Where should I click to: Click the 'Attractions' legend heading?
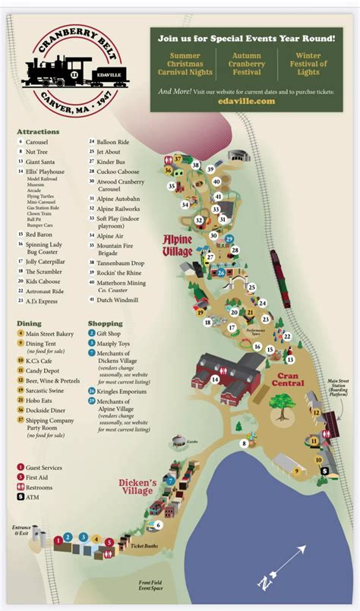pos(38,131)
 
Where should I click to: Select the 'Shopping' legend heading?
pos(106,323)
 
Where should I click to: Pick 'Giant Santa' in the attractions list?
pos(42,162)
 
